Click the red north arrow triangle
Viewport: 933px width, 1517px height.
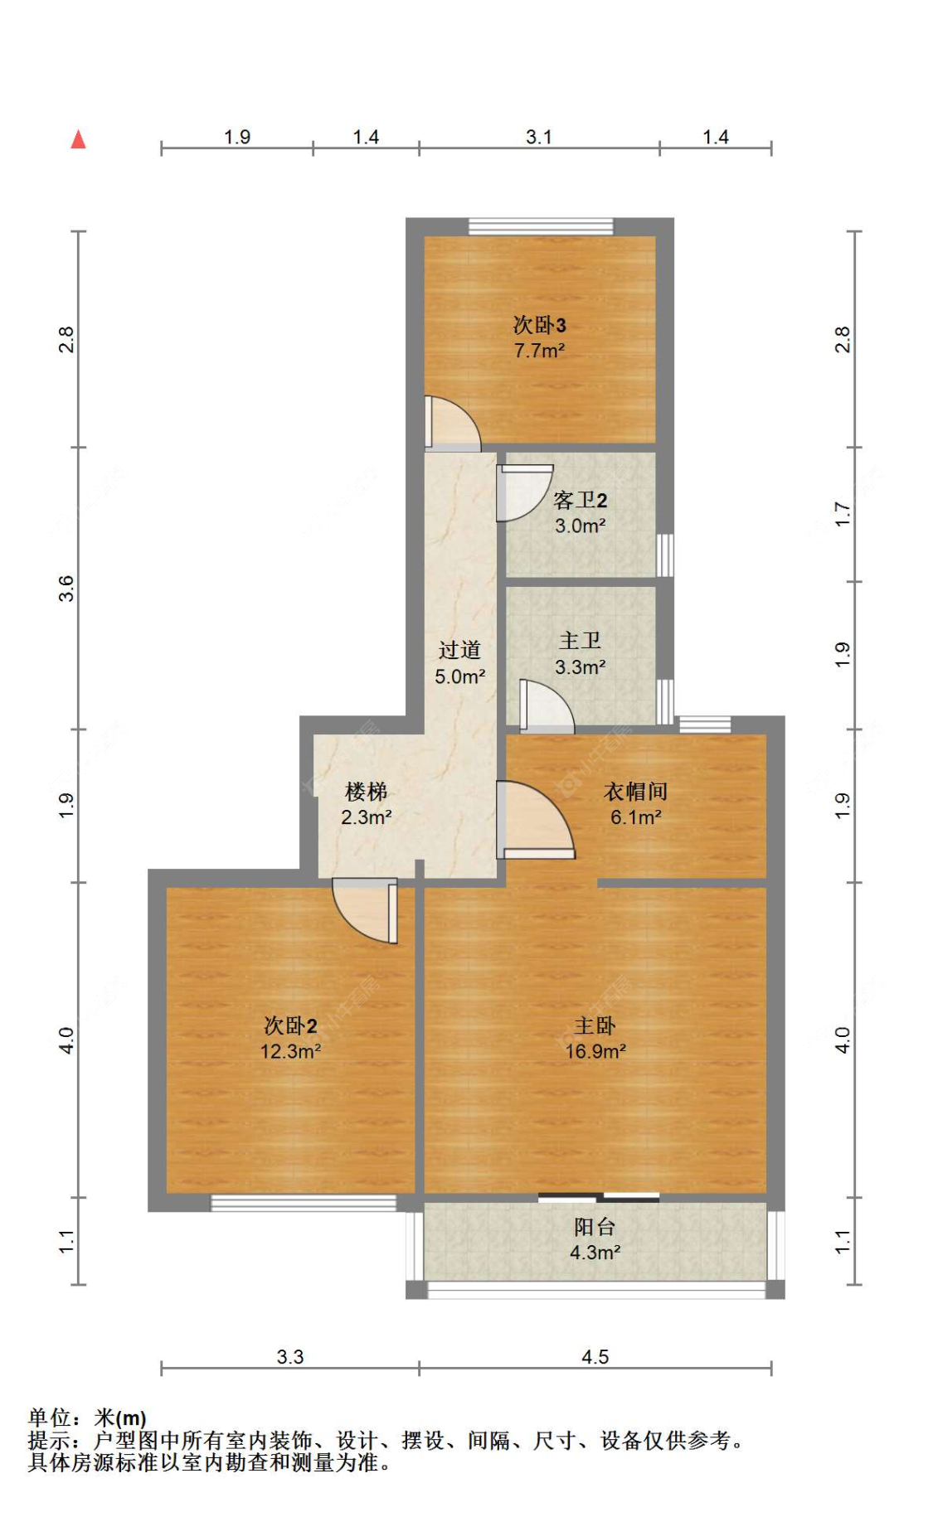tap(78, 139)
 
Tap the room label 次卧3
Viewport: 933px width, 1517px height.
tap(539, 324)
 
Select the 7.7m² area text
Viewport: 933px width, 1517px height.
tap(539, 351)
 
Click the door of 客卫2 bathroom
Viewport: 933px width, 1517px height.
tap(521, 492)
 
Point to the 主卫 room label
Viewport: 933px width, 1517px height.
tap(580, 641)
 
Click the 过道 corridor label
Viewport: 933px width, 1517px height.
tap(459, 650)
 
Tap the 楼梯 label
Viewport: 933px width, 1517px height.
tap(366, 792)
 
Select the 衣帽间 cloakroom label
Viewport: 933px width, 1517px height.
tap(635, 792)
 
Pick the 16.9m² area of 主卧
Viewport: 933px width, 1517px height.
tap(595, 1052)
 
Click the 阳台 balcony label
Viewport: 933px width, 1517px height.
tap(595, 1227)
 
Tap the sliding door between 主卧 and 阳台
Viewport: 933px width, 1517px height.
tap(599, 1197)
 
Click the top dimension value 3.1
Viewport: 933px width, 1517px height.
tap(539, 137)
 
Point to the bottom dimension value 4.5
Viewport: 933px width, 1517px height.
tap(595, 1357)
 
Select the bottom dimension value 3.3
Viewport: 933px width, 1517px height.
tap(290, 1357)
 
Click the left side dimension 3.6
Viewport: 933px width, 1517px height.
tap(66, 588)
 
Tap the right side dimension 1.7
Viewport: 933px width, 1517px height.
tap(843, 514)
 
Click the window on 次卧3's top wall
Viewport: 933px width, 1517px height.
tap(541, 226)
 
